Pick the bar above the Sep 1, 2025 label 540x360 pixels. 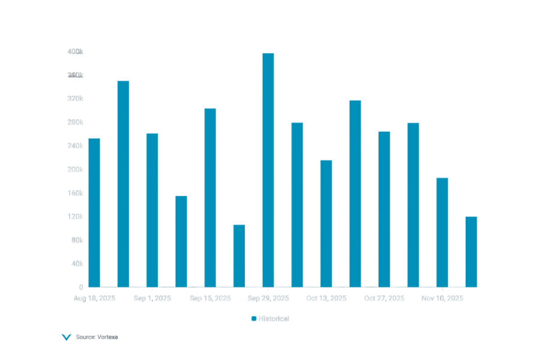coord(152,209)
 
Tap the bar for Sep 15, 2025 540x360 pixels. coord(210,197)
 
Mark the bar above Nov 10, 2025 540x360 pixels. coord(442,232)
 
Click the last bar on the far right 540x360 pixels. coord(472,251)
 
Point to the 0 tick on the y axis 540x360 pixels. coord(81,287)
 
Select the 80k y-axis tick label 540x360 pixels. coord(76,240)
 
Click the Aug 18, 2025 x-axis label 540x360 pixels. coord(94,298)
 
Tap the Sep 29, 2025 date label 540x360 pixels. coord(268,298)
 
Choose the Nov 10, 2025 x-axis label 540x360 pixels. coord(442,298)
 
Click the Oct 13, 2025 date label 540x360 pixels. coord(326,298)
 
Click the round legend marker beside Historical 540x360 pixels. coord(253,319)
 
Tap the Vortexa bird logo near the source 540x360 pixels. coord(67,337)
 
